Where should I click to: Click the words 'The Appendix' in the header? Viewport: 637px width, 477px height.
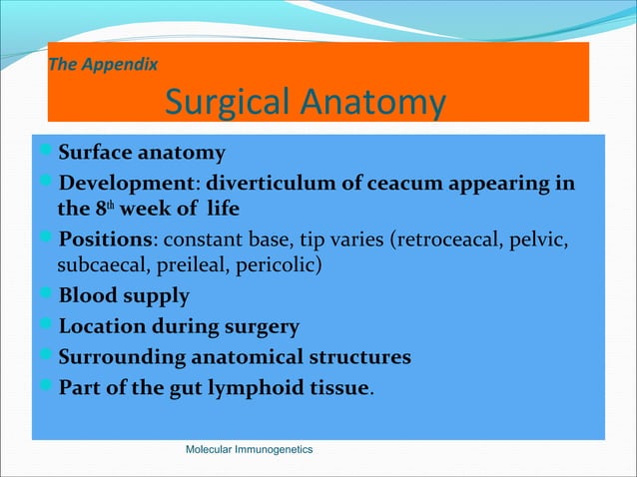[103, 67]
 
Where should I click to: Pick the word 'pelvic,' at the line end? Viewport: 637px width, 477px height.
[537, 240]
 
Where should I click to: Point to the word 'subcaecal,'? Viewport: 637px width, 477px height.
[103, 267]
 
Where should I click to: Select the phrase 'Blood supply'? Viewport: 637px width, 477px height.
[124, 296]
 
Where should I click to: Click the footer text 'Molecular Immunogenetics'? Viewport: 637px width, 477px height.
[250, 450]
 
